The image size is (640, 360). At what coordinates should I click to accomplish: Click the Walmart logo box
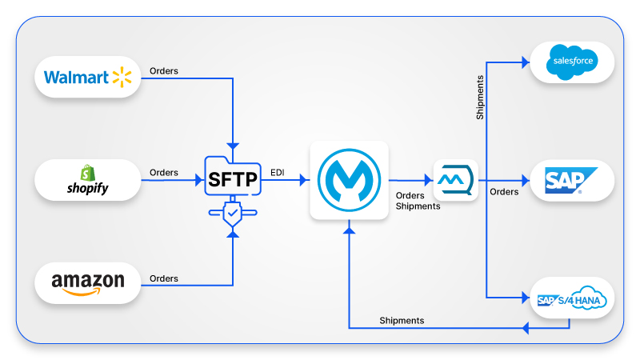pyautogui.click(x=88, y=77)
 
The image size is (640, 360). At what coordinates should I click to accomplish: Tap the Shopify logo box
pyautogui.click(x=88, y=180)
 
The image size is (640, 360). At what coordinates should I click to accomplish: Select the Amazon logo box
pyautogui.click(x=88, y=283)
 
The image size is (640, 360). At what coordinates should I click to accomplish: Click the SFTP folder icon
pyautogui.click(x=233, y=178)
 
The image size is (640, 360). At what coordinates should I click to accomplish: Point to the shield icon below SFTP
pyautogui.click(x=233, y=214)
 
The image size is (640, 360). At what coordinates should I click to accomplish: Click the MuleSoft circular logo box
pyautogui.click(x=349, y=181)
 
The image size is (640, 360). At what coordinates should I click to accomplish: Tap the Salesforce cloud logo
pyautogui.click(x=571, y=62)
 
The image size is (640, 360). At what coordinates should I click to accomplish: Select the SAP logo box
pyautogui.click(x=571, y=181)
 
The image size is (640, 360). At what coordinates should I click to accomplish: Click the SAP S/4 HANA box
pyautogui.click(x=571, y=300)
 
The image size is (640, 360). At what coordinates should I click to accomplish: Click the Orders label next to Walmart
pyautogui.click(x=164, y=71)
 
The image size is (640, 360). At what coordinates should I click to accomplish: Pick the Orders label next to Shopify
pyautogui.click(x=164, y=173)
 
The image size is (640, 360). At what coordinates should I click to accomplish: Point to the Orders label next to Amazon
pyautogui.click(x=164, y=278)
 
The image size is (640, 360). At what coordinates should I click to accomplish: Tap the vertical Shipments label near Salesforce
pyautogui.click(x=479, y=98)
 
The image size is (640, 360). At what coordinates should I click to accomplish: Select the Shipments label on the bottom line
pyautogui.click(x=402, y=321)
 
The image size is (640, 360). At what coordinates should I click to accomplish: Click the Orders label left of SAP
pyautogui.click(x=504, y=192)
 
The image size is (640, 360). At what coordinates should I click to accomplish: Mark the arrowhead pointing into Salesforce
pyautogui.click(x=525, y=61)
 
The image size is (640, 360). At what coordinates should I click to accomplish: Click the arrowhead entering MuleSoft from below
pyautogui.click(x=349, y=230)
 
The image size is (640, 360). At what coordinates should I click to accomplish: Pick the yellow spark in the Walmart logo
pyautogui.click(x=121, y=77)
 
